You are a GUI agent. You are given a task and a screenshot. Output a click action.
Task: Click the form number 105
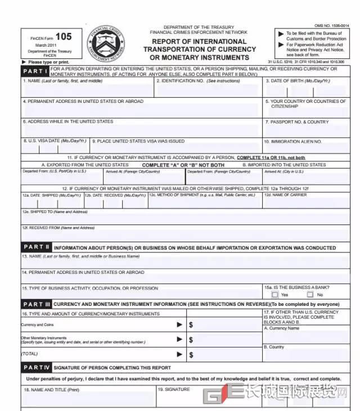[x=64, y=37]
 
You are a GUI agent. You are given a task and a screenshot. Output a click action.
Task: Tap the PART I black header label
[x=35, y=71]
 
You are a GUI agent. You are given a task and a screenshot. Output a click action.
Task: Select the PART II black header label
[x=37, y=247]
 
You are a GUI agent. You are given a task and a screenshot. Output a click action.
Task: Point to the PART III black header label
[x=37, y=304]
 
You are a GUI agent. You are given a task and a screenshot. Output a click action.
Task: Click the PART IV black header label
[x=37, y=368]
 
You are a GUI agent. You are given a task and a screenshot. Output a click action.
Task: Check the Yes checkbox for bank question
[x=274, y=294]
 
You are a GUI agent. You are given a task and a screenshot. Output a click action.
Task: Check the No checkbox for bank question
[x=310, y=294]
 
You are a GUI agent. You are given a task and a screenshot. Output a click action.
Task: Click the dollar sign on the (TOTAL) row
[x=191, y=355]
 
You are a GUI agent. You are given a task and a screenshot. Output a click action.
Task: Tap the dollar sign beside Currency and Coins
[x=191, y=324]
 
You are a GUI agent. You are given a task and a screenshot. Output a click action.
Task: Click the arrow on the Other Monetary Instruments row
[x=179, y=340]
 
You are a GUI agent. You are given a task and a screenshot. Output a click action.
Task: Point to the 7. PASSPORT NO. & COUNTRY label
[x=297, y=121]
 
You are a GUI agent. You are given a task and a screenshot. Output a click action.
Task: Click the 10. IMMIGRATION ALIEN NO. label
[x=293, y=142]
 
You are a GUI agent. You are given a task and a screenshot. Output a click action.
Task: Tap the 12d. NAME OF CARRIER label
[x=287, y=195]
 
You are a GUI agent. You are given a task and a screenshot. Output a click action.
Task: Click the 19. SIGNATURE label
[x=174, y=389]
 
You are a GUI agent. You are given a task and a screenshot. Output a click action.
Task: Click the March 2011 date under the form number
[x=44, y=45]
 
